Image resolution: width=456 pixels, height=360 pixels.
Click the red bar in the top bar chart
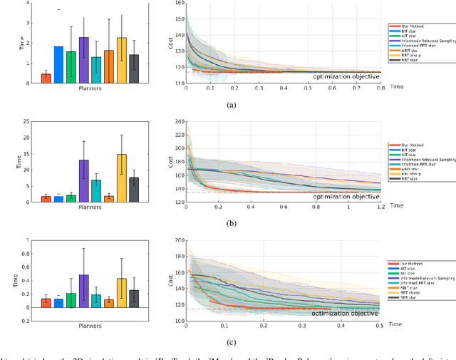[46, 78]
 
